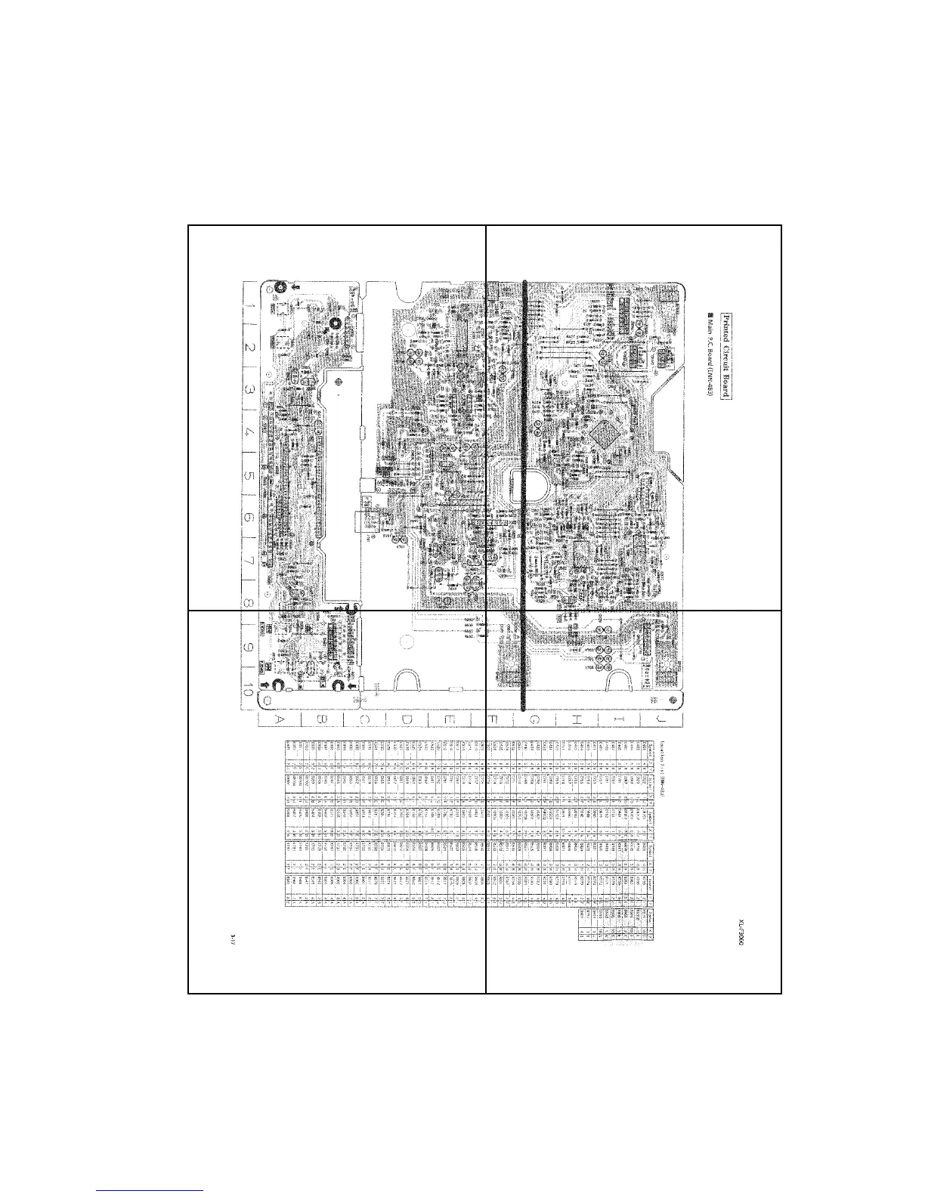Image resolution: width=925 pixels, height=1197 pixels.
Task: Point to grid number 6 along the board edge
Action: pos(249,518)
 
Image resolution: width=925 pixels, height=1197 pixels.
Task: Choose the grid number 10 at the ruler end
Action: pos(249,689)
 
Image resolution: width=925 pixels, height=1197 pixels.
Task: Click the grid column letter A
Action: pos(279,719)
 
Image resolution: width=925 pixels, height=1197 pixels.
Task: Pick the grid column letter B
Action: pos(321,719)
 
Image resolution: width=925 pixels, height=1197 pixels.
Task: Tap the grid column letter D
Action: pos(406,719)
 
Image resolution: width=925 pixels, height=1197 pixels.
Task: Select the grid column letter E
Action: pos(449,719)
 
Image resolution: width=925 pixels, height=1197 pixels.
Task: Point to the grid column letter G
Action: pos(534,719)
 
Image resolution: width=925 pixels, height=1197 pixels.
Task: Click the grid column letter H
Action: pos(577,719)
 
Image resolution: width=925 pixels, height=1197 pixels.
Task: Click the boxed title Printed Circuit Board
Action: pos(726,355)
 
